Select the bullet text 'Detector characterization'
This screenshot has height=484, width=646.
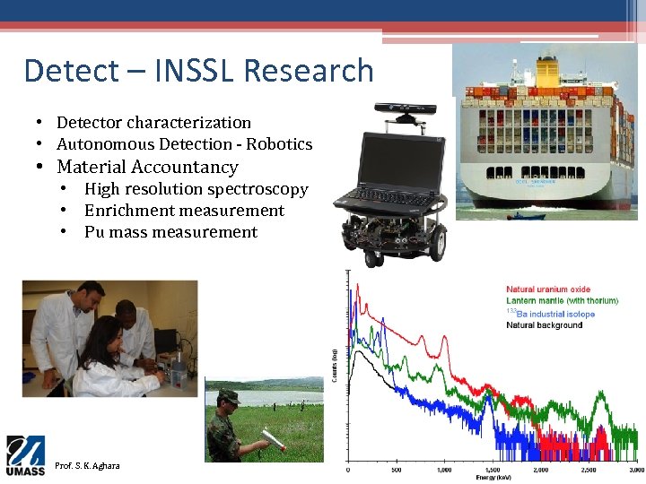(x=153, y=123)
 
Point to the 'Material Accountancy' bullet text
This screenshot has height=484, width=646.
(x=147, y=167)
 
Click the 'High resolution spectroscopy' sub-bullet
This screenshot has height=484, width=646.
(x=196, y=189)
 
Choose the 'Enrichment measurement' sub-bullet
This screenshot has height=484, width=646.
(x=184, y=211)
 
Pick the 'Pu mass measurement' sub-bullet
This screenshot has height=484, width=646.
(x=170, y=232)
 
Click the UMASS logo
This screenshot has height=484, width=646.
(x=25, y=455)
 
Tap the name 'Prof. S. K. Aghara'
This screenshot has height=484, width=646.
(x=87, y=466)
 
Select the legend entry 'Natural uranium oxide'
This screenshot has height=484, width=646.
(x=548, y=290)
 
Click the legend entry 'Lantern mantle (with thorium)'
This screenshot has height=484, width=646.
(x=562, y=301)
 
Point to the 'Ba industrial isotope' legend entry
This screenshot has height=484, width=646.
(x=554, y=314)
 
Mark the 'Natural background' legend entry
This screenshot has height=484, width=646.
(x=544, y=325)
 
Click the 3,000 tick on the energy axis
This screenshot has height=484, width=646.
(x=635, y=470)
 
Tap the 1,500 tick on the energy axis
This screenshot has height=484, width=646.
(x=493, y=470)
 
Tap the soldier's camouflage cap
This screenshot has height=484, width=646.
(x=229, y=394)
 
